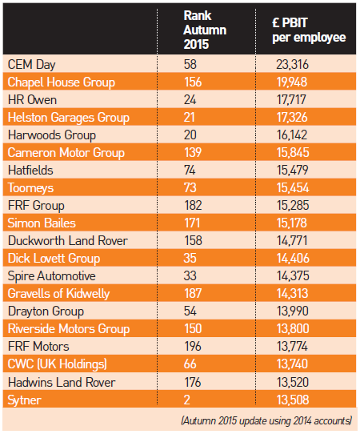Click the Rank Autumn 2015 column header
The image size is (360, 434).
[204, 30]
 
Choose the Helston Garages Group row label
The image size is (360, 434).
[68, 117]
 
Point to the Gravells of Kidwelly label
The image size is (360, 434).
[59, 293]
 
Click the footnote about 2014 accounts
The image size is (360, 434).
[268, 419]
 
